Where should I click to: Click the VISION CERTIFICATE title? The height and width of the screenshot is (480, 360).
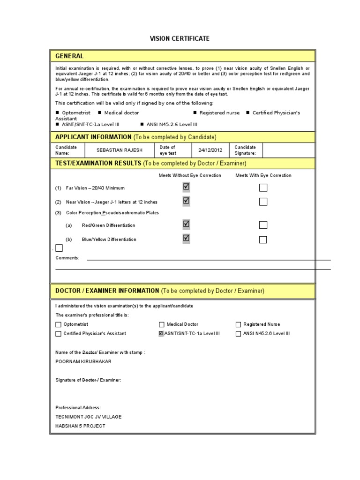coord(180,38)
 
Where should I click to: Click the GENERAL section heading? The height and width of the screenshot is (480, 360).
coord(70,56)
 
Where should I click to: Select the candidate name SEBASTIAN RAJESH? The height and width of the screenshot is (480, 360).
coord(119,150)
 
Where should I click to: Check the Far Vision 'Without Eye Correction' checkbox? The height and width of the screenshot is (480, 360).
coord(186,187)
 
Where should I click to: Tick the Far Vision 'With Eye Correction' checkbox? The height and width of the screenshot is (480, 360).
coord(263,188)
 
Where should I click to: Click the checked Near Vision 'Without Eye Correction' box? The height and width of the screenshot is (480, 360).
coord(186,201)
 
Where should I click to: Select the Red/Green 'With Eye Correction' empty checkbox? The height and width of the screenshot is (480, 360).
coord(263,225)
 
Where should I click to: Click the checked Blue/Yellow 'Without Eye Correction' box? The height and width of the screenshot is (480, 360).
coord(186,239)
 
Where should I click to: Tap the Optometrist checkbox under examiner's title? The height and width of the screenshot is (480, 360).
coord(59,324)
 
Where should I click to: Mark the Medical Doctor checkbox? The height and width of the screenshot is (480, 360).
coord(162,324)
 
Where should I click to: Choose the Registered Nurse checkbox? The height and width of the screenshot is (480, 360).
coord(238,324)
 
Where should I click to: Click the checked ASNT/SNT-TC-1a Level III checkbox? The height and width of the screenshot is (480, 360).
coord(161,334)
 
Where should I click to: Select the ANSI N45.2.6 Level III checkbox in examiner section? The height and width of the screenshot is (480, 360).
coord(238,334)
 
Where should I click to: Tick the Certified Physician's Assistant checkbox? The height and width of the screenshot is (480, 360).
coord(59,334)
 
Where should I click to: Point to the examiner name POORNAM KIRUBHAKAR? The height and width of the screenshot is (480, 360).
coord(83,361)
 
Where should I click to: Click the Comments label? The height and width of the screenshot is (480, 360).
coord(67,258)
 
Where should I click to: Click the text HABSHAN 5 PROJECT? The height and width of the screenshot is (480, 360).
coord(80,426)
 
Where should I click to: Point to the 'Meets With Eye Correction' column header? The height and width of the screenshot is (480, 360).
coord(263,175)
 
